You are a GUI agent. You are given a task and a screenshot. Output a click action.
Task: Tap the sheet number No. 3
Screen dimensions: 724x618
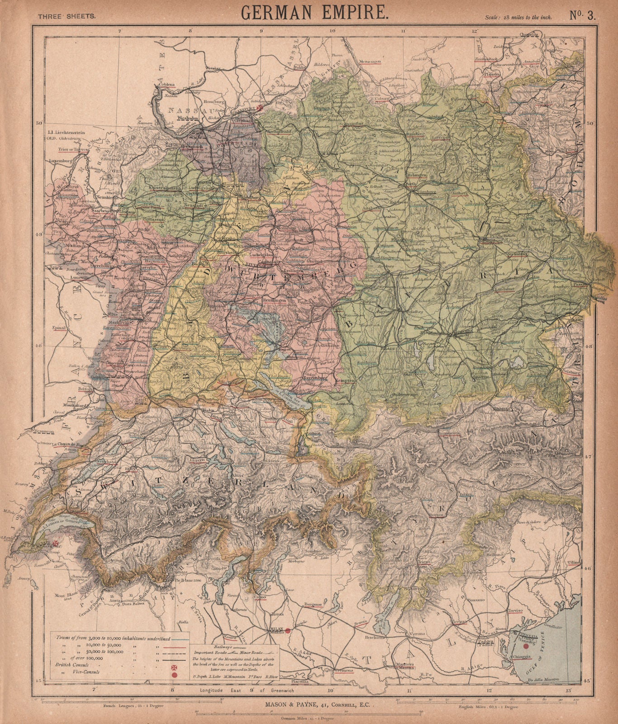(x=584, y=15)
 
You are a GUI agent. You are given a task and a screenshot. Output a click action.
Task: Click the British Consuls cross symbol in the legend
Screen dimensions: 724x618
(x=174, y=667)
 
